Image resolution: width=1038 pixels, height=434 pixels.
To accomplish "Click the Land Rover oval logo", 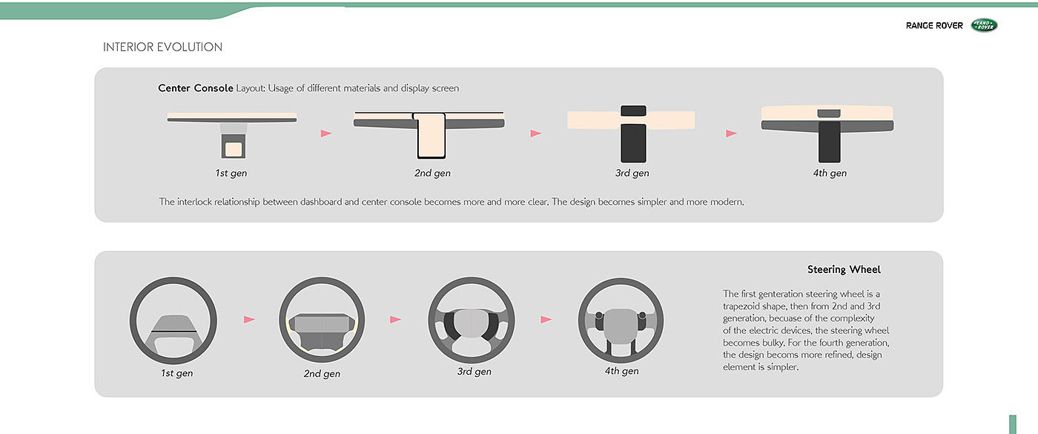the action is click(985, 25).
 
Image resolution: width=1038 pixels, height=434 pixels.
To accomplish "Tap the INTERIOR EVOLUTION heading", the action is click(162, 47).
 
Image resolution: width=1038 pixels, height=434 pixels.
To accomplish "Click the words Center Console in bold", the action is click(196, 88).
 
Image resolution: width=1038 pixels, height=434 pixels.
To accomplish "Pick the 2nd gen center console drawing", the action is click(429, 134).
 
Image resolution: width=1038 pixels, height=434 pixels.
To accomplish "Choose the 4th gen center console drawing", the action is click(827, 134).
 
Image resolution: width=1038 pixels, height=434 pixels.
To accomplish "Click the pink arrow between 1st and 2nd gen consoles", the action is click(326, 134).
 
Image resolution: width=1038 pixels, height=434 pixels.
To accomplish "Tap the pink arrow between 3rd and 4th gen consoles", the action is click(731, 134).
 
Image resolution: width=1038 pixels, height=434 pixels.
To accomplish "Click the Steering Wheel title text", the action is click(844, 269).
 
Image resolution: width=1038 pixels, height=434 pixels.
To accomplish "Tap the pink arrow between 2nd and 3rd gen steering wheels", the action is click(395, 320).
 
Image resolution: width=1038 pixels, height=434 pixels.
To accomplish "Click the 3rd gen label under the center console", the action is click(632, 173).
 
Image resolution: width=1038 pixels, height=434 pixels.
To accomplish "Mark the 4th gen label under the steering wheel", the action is click(621, 371).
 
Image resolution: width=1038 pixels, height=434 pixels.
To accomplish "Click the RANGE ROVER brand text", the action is click(934, 25).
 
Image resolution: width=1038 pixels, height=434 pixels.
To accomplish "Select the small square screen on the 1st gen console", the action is click(234, 149).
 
